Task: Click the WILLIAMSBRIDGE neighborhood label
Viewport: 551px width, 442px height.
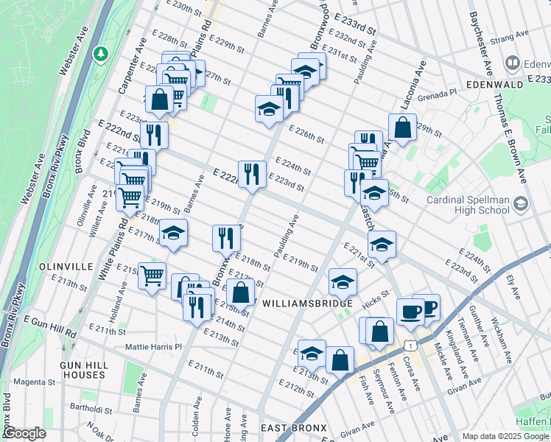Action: [302, 302]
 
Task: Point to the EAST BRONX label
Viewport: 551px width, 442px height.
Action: [294, 428]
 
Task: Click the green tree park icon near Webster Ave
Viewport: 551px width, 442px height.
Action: [101, 54]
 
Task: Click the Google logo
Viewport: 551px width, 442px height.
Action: [24, 434]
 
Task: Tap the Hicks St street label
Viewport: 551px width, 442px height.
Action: [375, 303]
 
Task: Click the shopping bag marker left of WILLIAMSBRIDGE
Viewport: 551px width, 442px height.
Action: [240, 292]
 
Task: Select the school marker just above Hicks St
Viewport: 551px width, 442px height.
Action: [343, 281]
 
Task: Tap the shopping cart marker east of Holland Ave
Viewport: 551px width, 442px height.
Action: [152, 276]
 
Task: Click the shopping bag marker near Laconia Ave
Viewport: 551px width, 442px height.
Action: [402, 127]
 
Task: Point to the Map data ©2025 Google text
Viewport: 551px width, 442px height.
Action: [505, 436]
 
